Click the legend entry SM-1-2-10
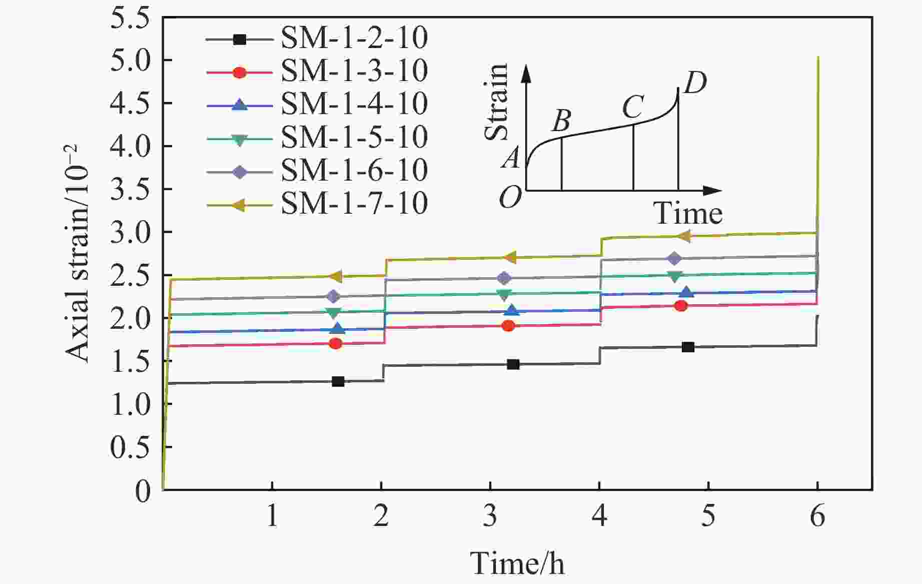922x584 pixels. tap(354, 39)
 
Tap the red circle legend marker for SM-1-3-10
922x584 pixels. tap(240, 72)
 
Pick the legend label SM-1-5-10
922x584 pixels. tap(354, 137)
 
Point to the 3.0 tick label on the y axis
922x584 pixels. tap(131, 233)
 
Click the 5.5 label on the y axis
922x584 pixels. tap(131, 18)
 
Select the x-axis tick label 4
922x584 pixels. tap(599, 515)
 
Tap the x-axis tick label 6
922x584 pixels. tap(817, 515)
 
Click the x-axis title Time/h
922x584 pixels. tap(517, 563)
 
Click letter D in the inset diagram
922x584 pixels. tap(695, 83)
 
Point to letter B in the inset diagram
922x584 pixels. tap(562, 120)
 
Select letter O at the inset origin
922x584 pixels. tap(510, 198)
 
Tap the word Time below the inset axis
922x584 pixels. tap(688, 214)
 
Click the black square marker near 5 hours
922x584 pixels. tap(688, 347)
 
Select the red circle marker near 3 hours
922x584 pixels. tap(508, 326)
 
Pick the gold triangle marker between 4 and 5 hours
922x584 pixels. tap(683, 236)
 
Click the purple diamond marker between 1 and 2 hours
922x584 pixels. tap(333, 296)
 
